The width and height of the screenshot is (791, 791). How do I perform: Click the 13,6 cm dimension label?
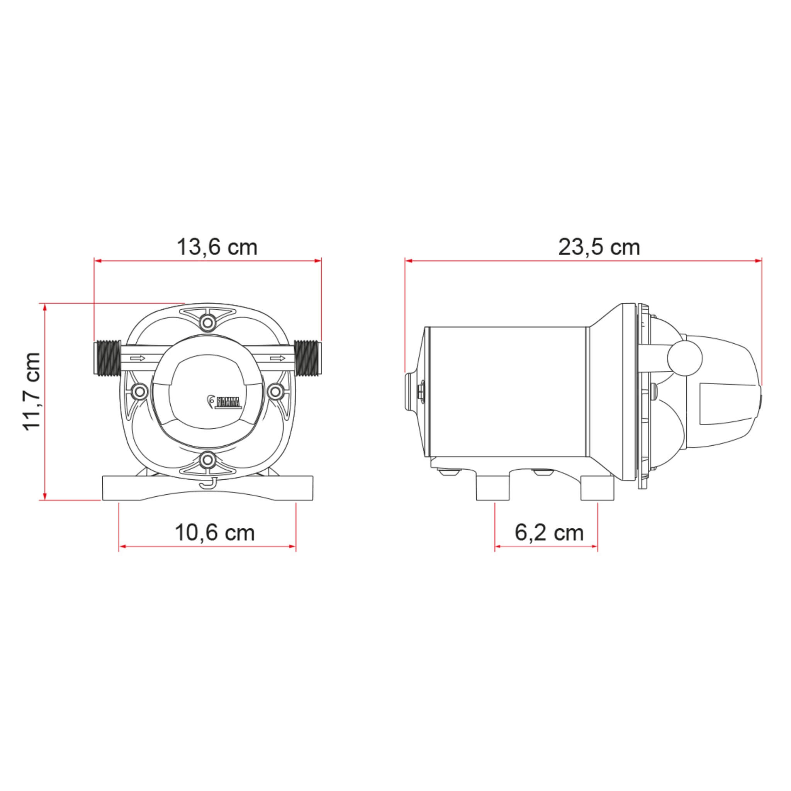217,247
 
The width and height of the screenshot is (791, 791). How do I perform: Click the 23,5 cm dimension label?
599,247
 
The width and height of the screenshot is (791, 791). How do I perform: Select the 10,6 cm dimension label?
214,533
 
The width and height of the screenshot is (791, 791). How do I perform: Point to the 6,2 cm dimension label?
548,533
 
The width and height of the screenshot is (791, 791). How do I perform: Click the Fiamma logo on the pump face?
224,402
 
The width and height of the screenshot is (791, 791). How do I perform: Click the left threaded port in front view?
107,358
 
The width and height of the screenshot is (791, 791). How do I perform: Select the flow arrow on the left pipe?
137,359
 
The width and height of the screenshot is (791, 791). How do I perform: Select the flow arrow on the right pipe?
278,359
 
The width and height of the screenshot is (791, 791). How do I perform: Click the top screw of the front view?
209,322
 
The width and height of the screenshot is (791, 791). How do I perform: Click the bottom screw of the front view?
209,462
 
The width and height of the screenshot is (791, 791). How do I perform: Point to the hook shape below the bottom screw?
209,484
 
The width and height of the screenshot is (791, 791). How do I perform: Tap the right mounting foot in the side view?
598,489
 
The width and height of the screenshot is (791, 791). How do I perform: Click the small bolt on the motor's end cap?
421,391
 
